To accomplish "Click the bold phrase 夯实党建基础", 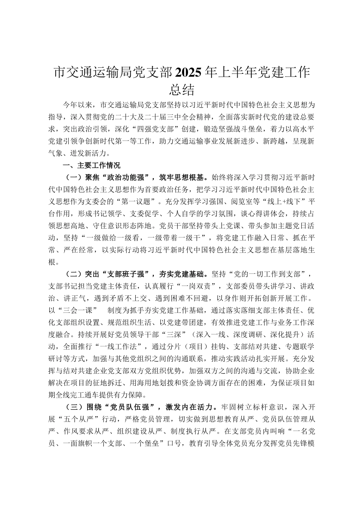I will click(x=183, y=274).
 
